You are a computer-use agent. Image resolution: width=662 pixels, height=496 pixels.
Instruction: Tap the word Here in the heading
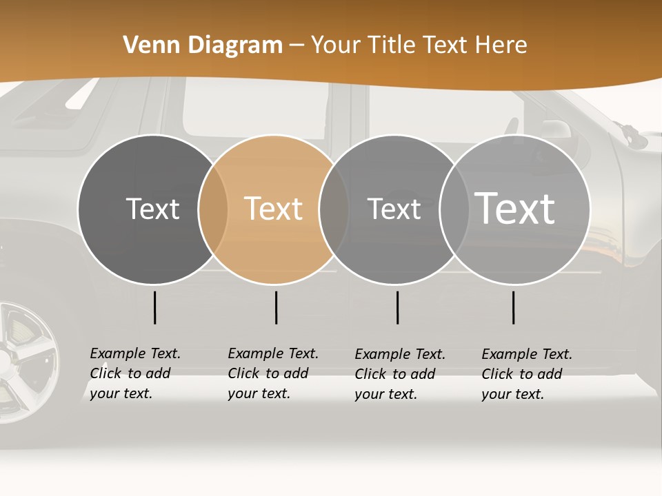point(501,45)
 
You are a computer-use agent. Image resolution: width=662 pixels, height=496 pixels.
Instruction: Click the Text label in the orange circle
point(274,209)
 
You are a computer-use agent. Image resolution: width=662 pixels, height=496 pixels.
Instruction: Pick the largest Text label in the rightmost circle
point(515,208)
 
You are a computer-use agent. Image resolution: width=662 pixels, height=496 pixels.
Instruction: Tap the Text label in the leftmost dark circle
point(152,209)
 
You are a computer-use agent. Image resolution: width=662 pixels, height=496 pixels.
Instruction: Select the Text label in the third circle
point(394,209)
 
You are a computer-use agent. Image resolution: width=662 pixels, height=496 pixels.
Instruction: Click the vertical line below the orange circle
point(276,307)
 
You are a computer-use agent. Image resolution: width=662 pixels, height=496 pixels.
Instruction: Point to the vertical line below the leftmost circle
point(154,307)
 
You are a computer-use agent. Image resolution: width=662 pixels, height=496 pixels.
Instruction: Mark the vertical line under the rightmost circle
point(513,307)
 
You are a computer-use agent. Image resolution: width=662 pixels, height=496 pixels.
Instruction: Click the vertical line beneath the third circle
point(397,307)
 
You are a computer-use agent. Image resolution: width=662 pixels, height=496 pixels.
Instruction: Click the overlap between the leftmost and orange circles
point(213,209)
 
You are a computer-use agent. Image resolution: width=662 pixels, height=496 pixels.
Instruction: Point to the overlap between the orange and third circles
point(334,209)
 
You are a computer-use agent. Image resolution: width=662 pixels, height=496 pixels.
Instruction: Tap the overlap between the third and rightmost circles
point(454,209)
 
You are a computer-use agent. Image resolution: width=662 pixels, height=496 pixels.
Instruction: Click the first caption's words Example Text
point(135,353)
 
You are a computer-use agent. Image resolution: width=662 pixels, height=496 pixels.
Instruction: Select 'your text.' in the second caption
point(259,393)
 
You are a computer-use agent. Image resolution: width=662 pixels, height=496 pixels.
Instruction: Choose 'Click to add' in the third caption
point(394,374)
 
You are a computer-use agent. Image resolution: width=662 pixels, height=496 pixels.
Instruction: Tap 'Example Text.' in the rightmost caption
point(527,354)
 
